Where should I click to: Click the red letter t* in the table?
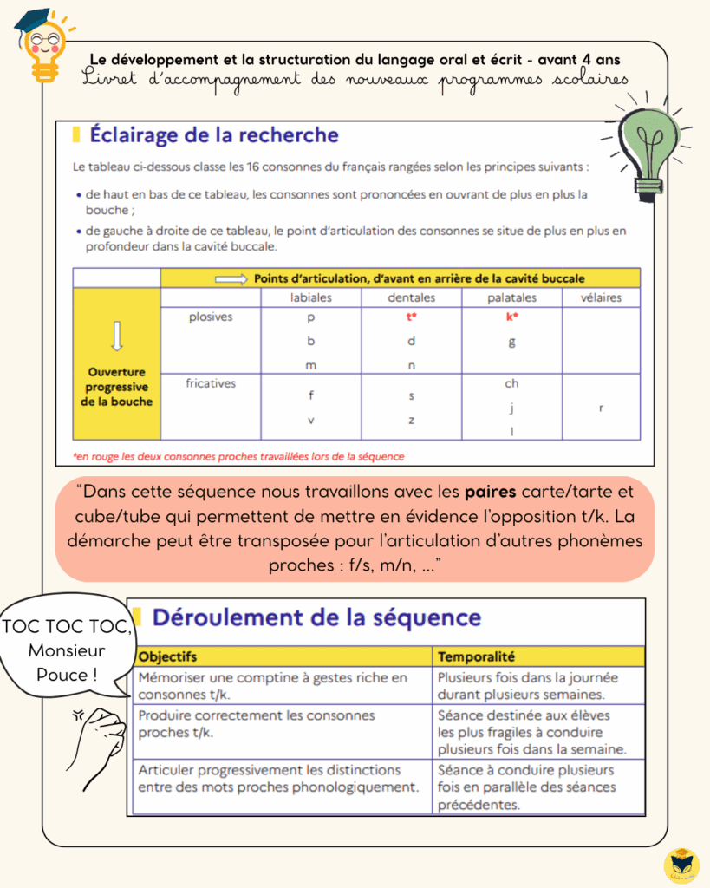pyautogui.click(x=412, y=317)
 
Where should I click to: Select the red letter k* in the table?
pyautogui.click(x=511, y=317)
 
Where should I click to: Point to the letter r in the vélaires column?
pyautogui.click(x=601, y=406)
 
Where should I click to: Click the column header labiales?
pyautogui.click(x=310, y=297)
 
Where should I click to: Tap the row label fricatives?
pyautogui.click(x=211, y=382)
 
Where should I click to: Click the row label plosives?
pyautogui.click(x=211, y=317)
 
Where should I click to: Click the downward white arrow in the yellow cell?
pyautogui.click(x=117, y=335)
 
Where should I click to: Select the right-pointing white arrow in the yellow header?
pyautogui.click(x=231, y=278)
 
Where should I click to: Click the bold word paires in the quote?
pyautogui.click(x=490, y=492)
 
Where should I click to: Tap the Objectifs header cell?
pyautogui.click(x=168, y=656)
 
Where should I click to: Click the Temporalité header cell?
pyautogui.click(x=477, y=656)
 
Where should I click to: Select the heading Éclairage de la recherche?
pyautogui.click(x=213, y=135)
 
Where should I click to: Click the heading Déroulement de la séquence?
pyautogui.click(x=316, y=617)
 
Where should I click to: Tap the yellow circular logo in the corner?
pyautogui.click(x=681, y=865)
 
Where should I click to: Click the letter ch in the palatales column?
pyautogui.click(x=511, y=383)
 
